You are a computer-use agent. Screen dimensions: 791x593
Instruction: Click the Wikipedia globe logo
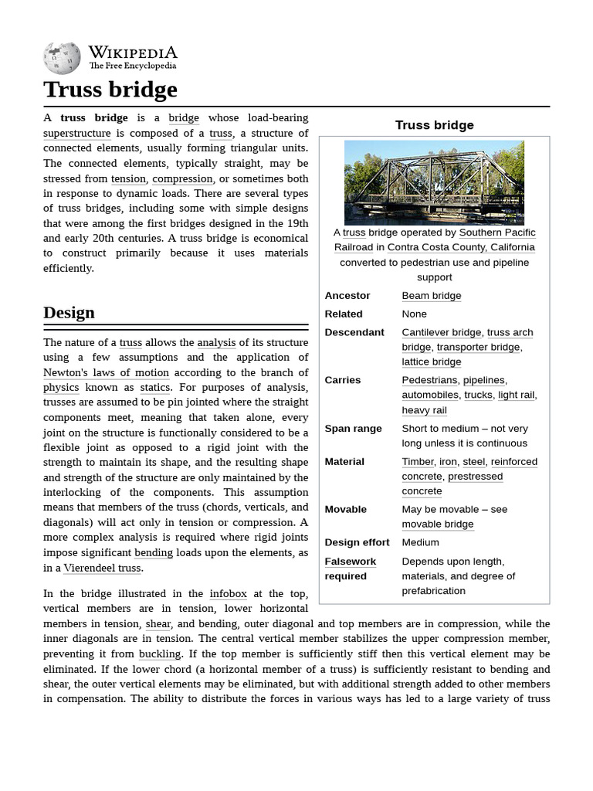(x=62, y=58)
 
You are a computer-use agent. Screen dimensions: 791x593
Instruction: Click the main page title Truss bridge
(x=110, y=90)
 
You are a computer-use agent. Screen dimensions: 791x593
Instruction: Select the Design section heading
(x=69, y=313)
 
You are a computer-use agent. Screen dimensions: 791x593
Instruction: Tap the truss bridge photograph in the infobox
(x=434, y=182)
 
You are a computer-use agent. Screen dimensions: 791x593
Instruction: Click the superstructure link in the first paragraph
(x=77, y=133)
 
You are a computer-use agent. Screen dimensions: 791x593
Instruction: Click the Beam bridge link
(x=431, y=296)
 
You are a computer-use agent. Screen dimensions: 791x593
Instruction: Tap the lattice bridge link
(x=431, y=362)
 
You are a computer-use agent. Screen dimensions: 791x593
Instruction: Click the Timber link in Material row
(x=418, y=462)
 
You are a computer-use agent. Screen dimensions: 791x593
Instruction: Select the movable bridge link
(x=437, y=525)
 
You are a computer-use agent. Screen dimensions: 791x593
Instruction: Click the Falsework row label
(x=350, y=562)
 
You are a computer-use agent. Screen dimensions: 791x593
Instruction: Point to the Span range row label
(x=353, y=429)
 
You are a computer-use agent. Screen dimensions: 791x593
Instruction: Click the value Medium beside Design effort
(x=420, y=543)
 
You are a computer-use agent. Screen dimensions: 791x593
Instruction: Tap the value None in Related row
(x=415, y=314)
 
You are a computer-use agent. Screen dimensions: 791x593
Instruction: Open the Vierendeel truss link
(x=102, y=569)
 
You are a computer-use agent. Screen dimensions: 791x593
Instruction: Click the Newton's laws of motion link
(x=106, y=372)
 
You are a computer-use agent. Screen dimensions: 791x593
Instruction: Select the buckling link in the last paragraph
(x=160, y=654)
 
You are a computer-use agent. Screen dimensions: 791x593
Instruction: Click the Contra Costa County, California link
(x=460, y=247)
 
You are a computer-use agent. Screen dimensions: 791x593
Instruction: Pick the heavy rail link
(x=424, y=410)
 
